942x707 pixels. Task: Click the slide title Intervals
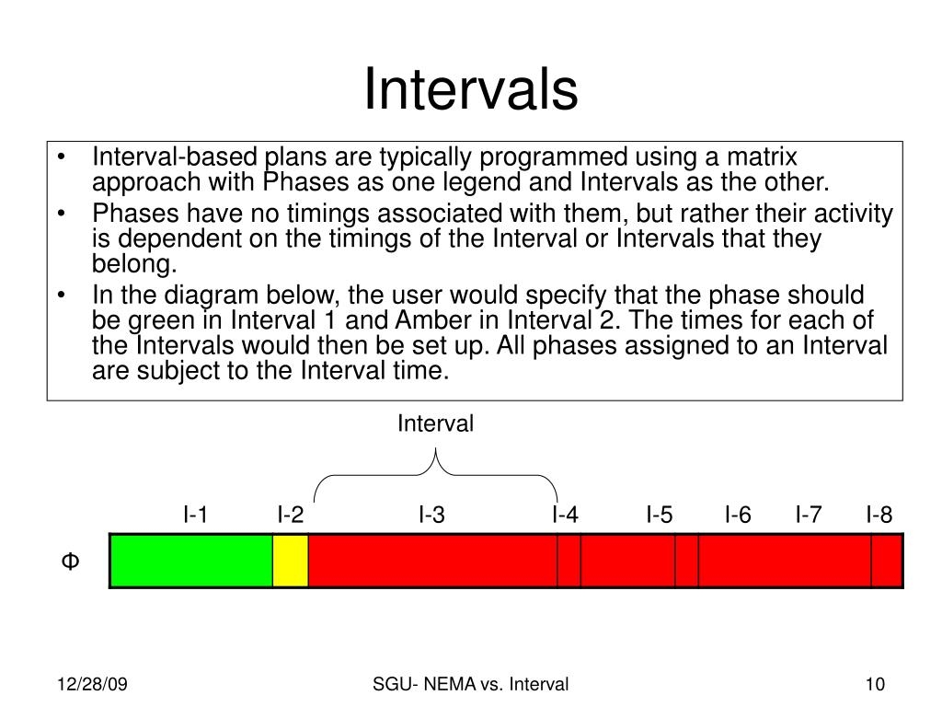(x=471, y=90)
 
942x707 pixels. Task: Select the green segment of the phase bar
(x=191, y=560)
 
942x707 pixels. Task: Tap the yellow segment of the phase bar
(x=291, y=560)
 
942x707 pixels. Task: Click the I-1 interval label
(x=195, y=515)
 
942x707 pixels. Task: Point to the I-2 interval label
(x=291, y=515)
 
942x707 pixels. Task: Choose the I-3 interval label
(x=431, y=515)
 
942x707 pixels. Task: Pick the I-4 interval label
(x=566, y=515)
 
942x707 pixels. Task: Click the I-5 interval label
(x=660, y=515)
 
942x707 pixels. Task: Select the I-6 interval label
(x=738, y=515)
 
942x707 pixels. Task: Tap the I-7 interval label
(x=809, y=515)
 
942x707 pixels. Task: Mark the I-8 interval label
(x=879, y=515)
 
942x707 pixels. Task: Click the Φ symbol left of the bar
(x=69, y=561)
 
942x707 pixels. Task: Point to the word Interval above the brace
(x=435, y=424)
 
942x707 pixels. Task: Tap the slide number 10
(x=874, y=684)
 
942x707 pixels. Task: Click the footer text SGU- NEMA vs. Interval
(x=471, y=684)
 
